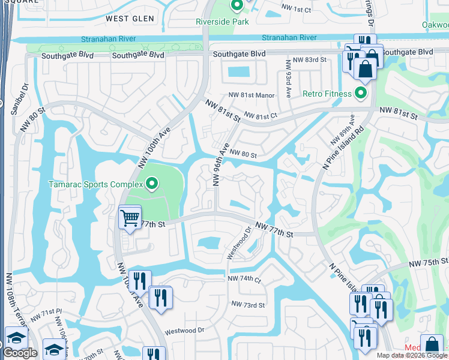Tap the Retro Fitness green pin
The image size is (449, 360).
click(360, 93)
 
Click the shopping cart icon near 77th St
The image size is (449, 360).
click(130, 217)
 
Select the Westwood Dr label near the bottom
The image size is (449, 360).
click(185, 331)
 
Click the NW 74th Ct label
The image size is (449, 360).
click(244, 280)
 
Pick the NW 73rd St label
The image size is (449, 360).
click(247, 305)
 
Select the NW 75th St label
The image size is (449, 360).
click(429, 262)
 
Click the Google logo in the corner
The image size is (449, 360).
click(20, 353)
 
